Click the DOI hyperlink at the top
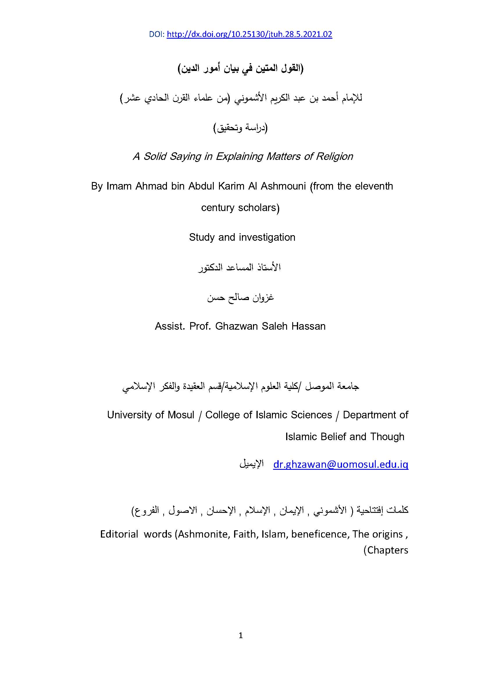(249, 35)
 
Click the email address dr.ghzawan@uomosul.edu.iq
(341, 464)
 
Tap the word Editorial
(119, 534)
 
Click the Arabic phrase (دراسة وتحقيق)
(240, 128)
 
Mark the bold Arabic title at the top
(240, 69)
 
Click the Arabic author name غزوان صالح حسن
(240, 297)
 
